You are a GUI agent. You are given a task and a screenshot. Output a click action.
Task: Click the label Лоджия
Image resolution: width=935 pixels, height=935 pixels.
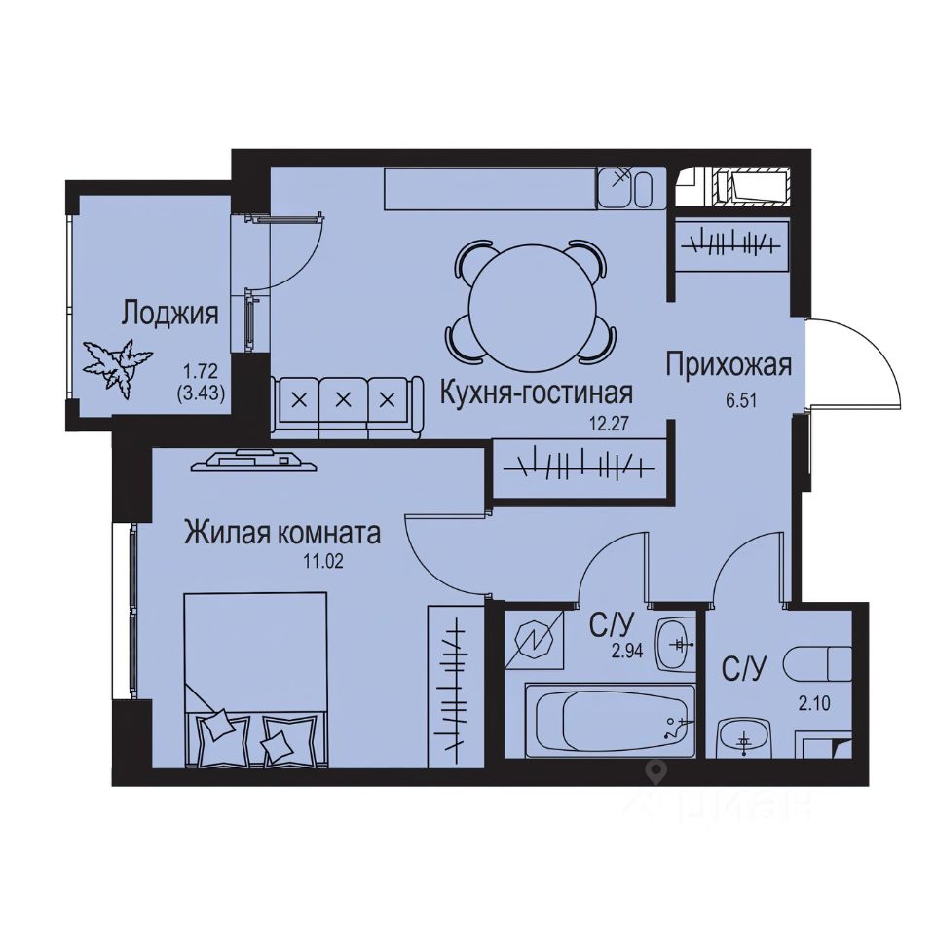pos(168,314)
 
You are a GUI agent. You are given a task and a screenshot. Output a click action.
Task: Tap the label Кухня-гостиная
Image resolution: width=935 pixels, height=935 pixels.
pos(536,393)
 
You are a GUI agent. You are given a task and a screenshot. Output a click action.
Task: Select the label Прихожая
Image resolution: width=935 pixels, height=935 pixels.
pos(729,365)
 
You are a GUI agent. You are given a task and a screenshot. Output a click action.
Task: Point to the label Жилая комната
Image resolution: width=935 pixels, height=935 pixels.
pos(282,533)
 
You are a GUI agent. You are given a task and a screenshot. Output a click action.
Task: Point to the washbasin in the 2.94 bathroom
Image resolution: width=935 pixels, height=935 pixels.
pos(677,644)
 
